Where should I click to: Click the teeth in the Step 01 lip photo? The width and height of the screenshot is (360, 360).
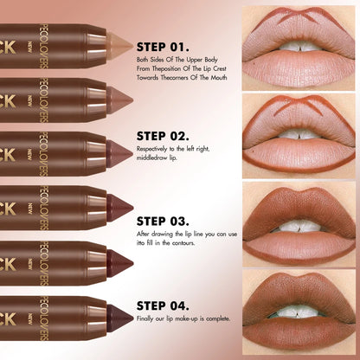(299, 45)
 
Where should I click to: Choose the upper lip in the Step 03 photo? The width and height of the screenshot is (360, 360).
(299, 210)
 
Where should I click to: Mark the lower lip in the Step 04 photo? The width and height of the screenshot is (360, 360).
(299, 333)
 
